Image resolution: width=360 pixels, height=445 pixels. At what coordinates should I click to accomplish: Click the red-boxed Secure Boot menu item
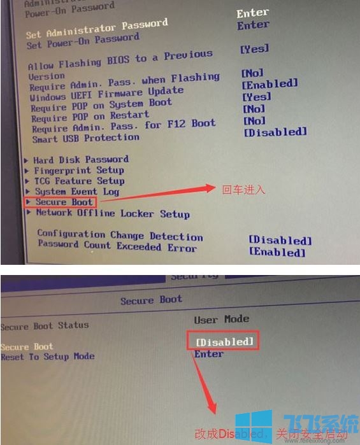[64, 202]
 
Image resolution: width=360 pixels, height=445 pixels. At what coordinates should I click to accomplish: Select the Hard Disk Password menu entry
[81, 159]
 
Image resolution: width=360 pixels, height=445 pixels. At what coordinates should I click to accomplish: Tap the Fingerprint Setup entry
[78, 170]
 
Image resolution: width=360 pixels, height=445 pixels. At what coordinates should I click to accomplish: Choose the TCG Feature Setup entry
[79, 181]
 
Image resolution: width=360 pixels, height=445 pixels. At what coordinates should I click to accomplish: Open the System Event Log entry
[76, 192]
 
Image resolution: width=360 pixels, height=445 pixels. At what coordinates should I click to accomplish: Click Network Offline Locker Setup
[112, 214]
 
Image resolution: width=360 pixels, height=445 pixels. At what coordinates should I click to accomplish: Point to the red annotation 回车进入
[243, 189]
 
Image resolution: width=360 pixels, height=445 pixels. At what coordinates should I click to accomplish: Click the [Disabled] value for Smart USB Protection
[275, 132]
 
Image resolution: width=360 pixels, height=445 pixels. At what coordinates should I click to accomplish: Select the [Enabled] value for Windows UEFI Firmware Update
[270, 83]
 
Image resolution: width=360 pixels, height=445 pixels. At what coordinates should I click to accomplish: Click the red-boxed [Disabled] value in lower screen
[224, 342]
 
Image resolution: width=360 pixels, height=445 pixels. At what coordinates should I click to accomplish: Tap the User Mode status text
[221, 319]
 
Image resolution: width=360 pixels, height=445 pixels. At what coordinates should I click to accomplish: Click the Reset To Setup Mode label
[47, 357]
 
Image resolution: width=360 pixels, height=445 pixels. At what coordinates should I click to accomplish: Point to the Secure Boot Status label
[45, 326]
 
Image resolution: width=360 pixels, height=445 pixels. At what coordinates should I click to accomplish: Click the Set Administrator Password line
[97, 29]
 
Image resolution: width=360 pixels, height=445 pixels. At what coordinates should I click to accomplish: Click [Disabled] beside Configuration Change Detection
[280, 241]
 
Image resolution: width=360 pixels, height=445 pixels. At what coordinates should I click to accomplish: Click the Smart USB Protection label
[85, 138]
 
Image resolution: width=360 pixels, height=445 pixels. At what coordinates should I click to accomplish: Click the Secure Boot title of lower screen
[151, 300]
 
